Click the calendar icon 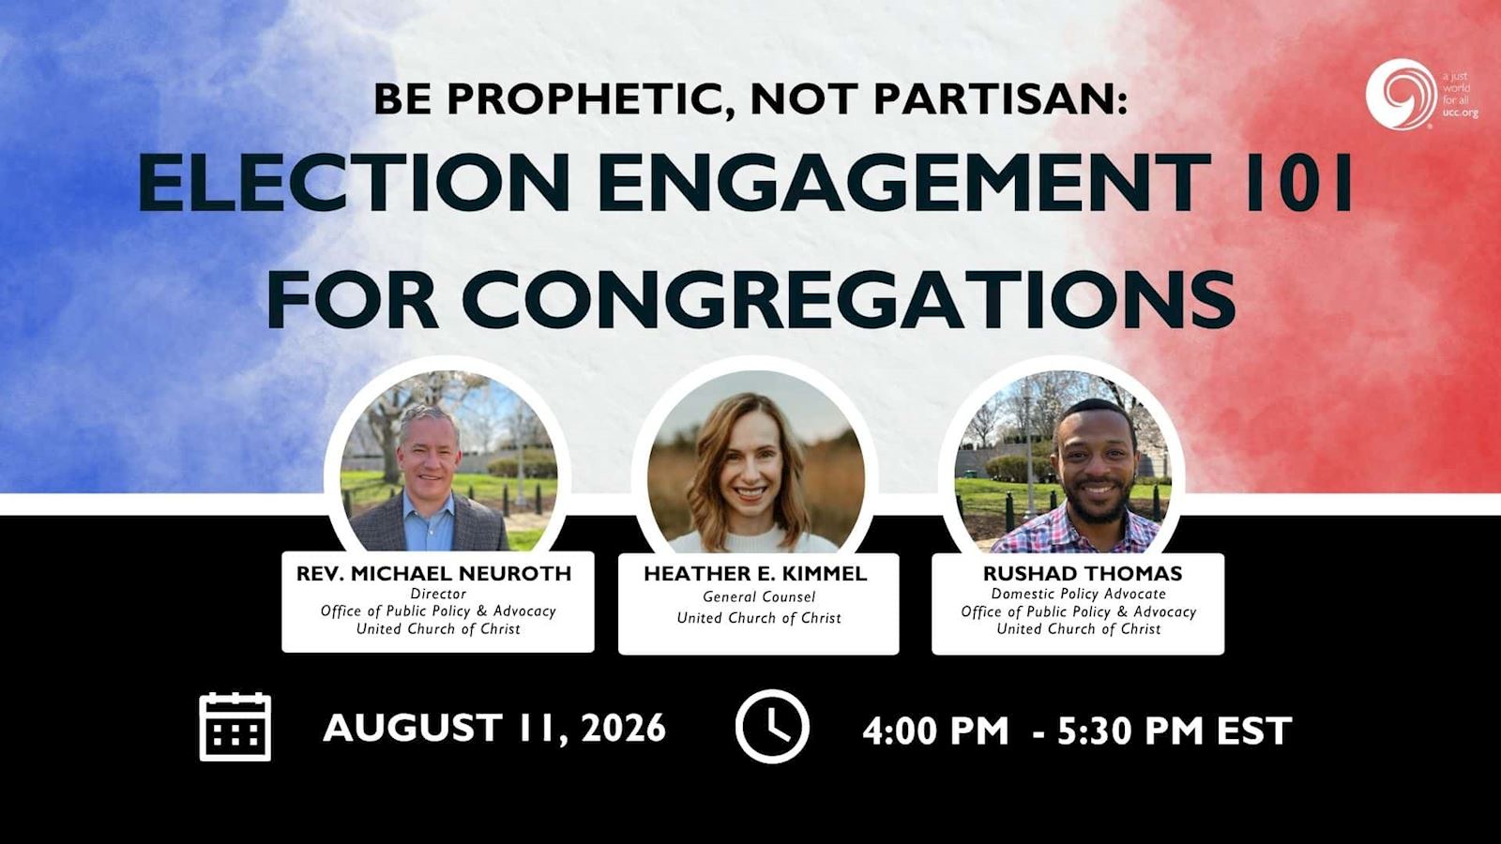pyautogui.click(x=235, y=728)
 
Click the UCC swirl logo pyautogui.click(x=1400, y=94)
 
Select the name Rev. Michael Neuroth pyautogui.click(x=433, y=574)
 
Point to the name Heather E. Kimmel pyautogui.click(x=756, y=574)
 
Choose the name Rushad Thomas pyautogui.click(x=1083, y=574)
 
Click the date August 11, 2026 pyautogui.click(x=494, y=728)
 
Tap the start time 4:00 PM pyautogui.click(x=934, y=731)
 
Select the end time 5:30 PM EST pyautogui.click(x=1175, y=731)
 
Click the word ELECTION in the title pyautogui.click(x=353, y=182)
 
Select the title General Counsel pyautogui.click(x=759, y=596)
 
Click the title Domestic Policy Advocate pyautogui.click(x=1079, y=595)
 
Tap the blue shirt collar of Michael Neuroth pyautogui.click(x=429, y=508)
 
